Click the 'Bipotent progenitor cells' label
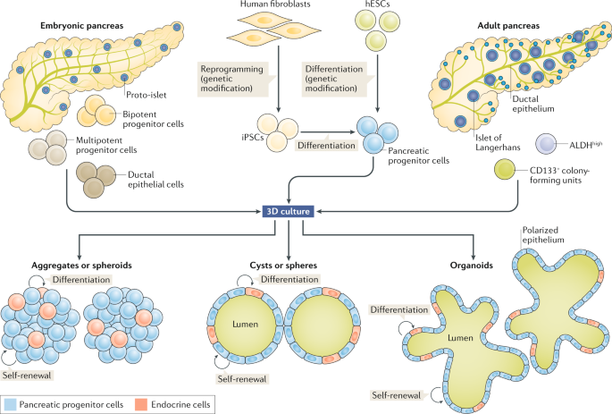(x=148, y=119)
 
